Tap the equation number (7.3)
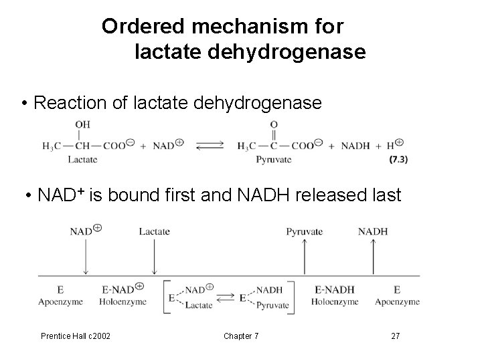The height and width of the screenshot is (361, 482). (398, 159)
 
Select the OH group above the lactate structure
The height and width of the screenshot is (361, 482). (83, 124)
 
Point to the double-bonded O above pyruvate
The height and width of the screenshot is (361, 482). (274, 124)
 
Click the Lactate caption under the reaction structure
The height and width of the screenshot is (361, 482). (83, 159)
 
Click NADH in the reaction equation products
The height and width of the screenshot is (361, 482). (355, 145)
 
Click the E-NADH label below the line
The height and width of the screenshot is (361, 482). (333, 289)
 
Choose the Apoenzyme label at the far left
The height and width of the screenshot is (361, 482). (60, 302)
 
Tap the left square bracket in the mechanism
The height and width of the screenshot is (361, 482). (167, 296)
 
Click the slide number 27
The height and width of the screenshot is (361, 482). (396, 335)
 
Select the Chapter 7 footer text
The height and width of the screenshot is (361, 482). (242, 335)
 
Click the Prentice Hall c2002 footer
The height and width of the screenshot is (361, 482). (76, 335)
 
